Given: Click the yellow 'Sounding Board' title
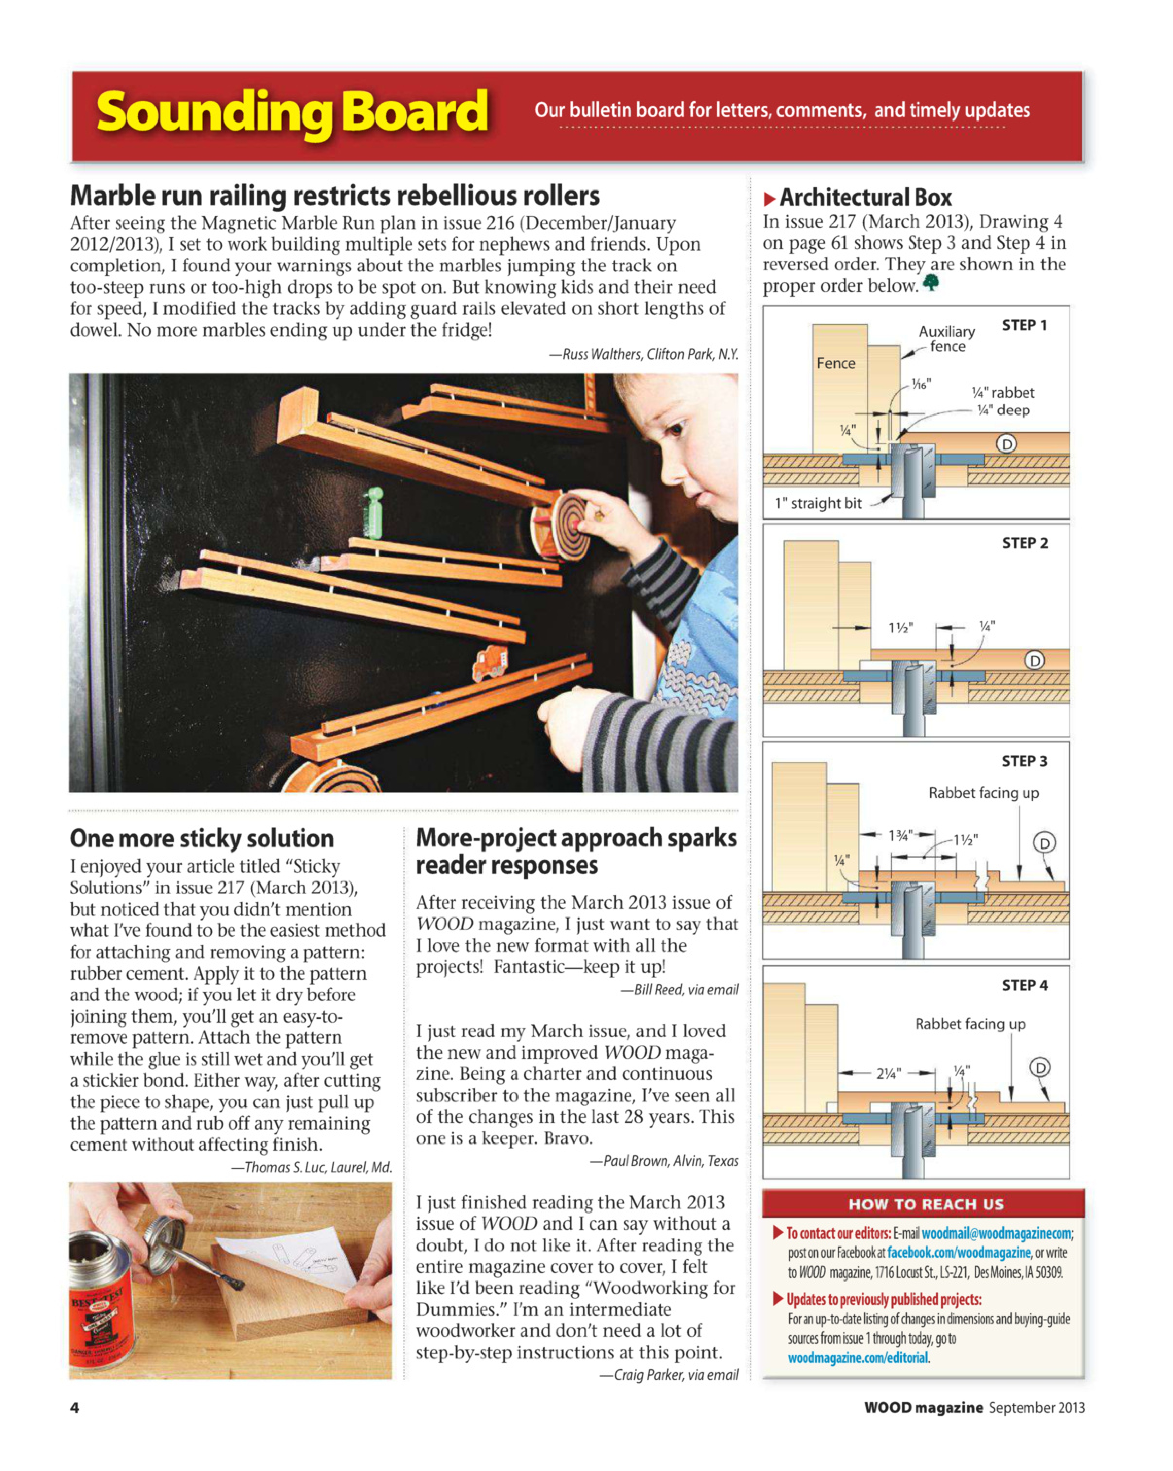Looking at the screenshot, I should point(292,113).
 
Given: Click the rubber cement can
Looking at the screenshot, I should point(102,1303).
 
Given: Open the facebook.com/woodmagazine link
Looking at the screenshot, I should point(958,1253).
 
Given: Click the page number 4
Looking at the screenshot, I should point(74,1408).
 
